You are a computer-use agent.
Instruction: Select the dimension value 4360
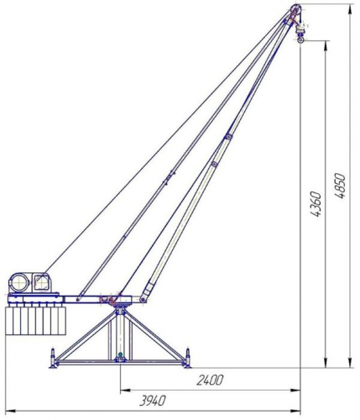pyautogui.click(x=316, y=204)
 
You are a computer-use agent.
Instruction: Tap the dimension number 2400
pyautogui.click(x=210, y=381)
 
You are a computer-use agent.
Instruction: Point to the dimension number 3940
pyautogui.click(x=153, y=401)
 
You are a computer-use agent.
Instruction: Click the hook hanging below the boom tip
pyautogui.click(x=301, y=40)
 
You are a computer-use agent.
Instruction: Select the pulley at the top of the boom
pyautogui.click(x=295, y=10)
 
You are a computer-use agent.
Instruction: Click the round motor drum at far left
pyautogui.click(x=19, y=283)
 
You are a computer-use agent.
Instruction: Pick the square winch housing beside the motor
pyautogui.click(x=42, y=282)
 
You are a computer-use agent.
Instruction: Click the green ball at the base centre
pyautogui.click(x=121, y=354)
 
